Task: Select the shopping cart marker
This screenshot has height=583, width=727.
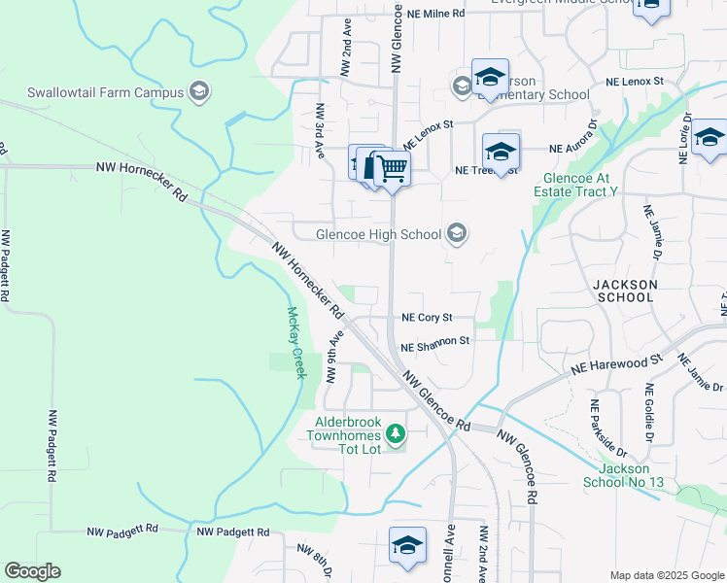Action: tap(392, 169)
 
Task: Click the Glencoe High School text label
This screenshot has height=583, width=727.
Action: tap(379, 234)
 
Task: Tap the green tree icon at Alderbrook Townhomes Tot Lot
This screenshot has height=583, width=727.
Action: tap(396, 433)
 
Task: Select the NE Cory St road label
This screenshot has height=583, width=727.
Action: tap(428, 318)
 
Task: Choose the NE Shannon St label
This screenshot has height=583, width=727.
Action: tap(434, 342)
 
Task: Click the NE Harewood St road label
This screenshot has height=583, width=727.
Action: tap(616, 362)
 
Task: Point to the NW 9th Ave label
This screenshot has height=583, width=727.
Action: tap(334, 357)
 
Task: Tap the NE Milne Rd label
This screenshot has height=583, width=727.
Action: tap(436, 14)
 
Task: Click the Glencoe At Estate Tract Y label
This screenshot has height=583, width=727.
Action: tap(580, 186)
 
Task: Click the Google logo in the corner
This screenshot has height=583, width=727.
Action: tap(33, 570)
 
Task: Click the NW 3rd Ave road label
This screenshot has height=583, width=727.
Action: tap(318, 132)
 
